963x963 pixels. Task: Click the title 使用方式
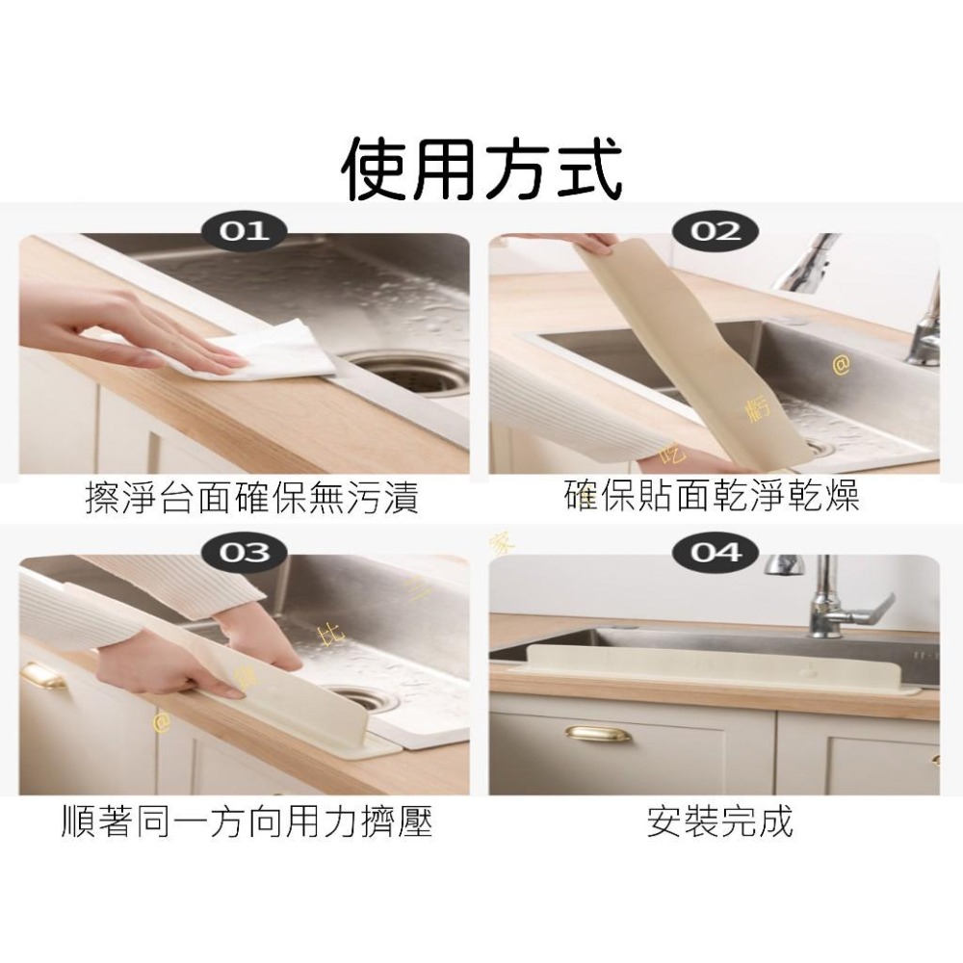(481, 169)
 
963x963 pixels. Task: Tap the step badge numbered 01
(245, 231)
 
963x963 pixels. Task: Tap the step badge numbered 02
(716, 231)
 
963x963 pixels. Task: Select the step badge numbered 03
(245, 553)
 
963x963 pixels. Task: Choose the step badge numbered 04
(716, 553)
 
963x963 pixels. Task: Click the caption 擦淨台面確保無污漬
(251, 501)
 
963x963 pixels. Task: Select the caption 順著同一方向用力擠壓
(246, 821)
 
